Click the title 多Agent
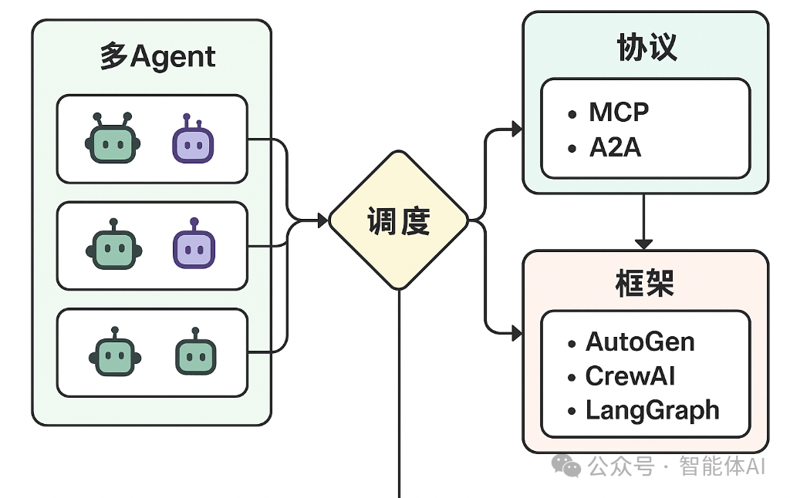tap(157, 57)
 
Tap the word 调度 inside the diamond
tap(398, 221)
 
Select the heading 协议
tap(646, 48)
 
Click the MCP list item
tap(619, 113)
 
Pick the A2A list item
tap(615, 147)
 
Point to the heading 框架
tap(646, 284)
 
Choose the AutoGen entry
tap(640, 342)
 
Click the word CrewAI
tap(630, 376)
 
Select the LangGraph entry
tap(652, 410)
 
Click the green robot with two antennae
tap(112, 139)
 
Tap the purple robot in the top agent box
tap(192, 140)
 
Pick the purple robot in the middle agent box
tap(193, 246)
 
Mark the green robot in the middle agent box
tap(113, 246)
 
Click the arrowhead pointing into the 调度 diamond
tap(322, 221)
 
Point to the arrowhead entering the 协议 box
tap(517, 129)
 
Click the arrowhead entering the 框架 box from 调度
tap(517, 333)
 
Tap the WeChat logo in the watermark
tap(569, 466)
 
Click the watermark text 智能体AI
tap(722, 466)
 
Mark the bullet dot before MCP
tap(572, 114)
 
